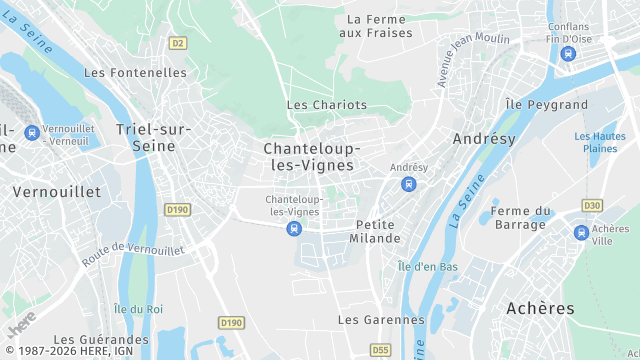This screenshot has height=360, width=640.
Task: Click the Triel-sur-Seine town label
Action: tap(146, 137)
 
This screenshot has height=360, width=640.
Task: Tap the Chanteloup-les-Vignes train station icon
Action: tap(293, 229)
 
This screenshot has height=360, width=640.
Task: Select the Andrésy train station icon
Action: tap(408, 184)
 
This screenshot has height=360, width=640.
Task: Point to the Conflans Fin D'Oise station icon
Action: tap(569, 54)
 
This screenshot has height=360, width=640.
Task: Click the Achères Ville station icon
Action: tap(581, 232)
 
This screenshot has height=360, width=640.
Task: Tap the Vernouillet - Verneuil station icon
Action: tap(32, 132)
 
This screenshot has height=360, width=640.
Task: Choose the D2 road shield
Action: tap(178, 43)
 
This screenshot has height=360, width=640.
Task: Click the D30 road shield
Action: tap(592, 205)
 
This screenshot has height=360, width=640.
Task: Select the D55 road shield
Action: tap(380, 350)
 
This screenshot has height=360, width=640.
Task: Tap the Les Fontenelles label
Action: tap(135, 73)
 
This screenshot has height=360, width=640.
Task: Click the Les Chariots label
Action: tap(327, 105)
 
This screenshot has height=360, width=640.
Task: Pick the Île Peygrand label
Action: tap(547, 104)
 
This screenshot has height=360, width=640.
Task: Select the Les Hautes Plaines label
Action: tap(600, 142)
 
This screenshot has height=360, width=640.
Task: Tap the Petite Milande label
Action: tap(375, 231)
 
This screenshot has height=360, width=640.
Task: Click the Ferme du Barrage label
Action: tap(522, 217)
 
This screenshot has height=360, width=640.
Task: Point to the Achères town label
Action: tap(540, 308)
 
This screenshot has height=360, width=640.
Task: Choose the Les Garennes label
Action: tap(381, 320)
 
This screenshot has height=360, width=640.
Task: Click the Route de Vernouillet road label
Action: tap(133, 251)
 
